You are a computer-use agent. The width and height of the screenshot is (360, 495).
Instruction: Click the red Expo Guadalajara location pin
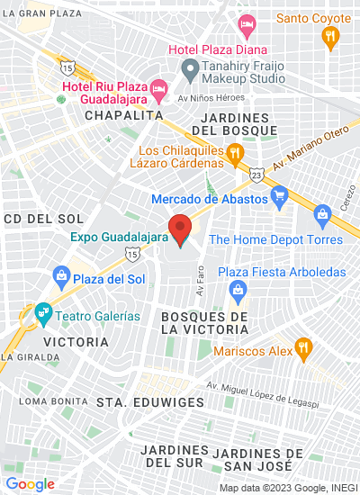pos(180,229)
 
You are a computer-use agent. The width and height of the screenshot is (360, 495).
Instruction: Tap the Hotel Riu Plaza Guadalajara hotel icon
pos(158,86)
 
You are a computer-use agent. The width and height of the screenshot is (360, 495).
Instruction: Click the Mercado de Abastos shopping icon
pos(279,195)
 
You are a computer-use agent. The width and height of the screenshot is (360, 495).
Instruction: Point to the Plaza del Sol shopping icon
pos(61,275)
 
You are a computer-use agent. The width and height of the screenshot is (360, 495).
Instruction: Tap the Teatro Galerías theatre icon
pos(42,314)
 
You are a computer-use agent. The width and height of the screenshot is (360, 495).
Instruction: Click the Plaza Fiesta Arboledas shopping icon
pos(238,288)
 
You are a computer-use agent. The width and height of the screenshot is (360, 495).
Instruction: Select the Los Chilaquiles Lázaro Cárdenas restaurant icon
pos(235,153)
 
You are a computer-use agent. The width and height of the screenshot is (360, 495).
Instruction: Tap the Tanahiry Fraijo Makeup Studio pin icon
pos(190,68)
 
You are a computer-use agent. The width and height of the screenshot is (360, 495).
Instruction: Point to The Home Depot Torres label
pos(275,239)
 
